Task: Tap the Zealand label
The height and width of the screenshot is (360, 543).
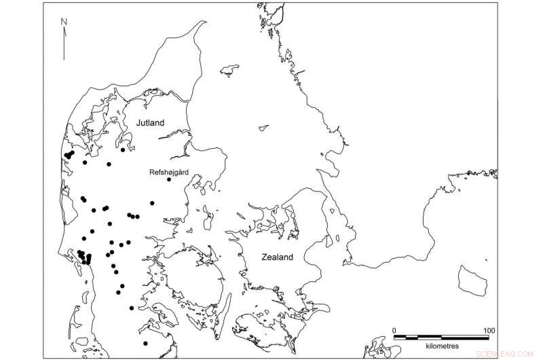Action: [x=278, y=257]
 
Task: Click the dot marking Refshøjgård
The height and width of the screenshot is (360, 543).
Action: [x=168, y=180]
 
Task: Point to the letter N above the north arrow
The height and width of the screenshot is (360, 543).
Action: [x=63, y=21]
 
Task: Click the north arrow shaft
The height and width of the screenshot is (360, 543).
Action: [x=63, y=43]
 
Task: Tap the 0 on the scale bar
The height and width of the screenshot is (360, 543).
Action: [x=394, y=330]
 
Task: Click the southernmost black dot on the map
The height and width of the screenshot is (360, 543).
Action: [x=145, y=343]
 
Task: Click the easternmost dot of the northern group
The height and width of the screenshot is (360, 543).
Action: [x=123, y=150]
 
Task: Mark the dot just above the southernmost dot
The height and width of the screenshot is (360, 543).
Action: [x=131, y=308]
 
